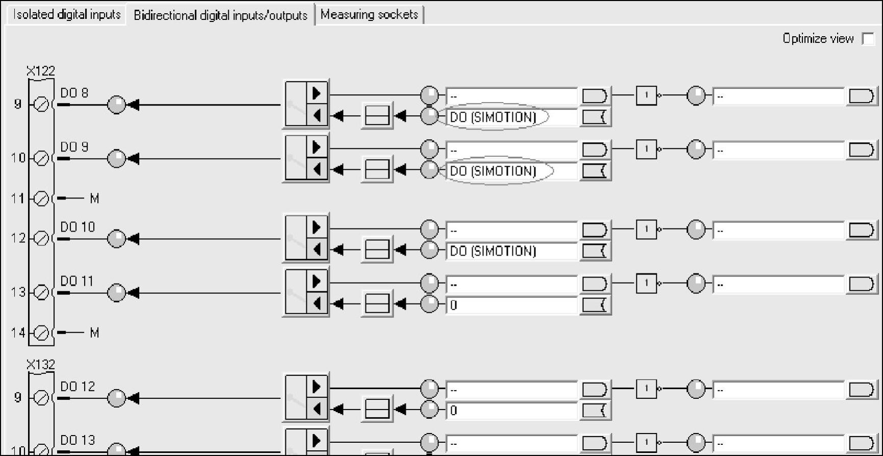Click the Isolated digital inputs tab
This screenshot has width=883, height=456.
(67, 14)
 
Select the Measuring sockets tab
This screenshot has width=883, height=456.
(369, 14)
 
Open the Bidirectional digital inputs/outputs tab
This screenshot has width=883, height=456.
(220, 15)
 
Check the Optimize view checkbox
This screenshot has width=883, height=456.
(868, 39)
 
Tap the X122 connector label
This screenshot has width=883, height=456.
(41, 70)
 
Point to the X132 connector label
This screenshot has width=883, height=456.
(41, 364)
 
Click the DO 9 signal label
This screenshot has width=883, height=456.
(74, 147)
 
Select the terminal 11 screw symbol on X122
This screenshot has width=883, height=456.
(41, 198)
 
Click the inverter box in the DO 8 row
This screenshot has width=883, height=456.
(646, 95)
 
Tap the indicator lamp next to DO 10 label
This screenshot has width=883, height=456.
(116, 239)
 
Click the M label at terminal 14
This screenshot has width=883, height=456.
(94, 333)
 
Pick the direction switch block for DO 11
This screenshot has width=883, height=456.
(306, 293)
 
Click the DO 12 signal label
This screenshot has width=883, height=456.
(77, 387)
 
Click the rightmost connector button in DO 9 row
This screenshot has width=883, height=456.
(861, 149)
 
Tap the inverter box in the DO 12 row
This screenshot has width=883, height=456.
(646, 389)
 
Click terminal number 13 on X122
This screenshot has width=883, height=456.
(18, 292)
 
